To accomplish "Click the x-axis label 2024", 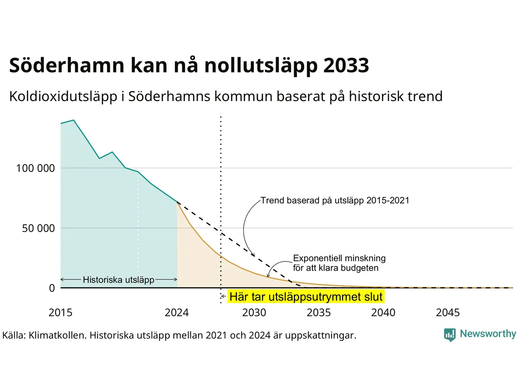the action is pos(177,313).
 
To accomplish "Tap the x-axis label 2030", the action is pos(254,313).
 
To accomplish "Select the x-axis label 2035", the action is pos(319,313).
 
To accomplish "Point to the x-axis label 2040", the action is pos(383,313).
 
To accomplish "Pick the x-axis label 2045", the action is pos(448,313).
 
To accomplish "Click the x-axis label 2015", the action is pos(60,313).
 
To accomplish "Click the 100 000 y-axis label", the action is pos(35,168).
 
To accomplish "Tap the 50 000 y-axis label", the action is pos(38,228).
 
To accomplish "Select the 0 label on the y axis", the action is pos(52,288).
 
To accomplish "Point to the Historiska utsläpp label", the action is pos(118,280).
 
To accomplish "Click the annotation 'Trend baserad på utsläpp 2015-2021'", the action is pos(335,201).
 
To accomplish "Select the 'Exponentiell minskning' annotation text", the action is pos(339,258).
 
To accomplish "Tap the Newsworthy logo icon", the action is pos(450,335).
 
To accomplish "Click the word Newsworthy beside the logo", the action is pos(488,334).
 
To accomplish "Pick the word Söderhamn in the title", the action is pos(67,65).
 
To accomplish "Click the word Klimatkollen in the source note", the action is pos(58,336).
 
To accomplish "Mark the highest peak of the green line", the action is pos(73,120).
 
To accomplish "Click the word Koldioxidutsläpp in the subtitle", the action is pos(63,97).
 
